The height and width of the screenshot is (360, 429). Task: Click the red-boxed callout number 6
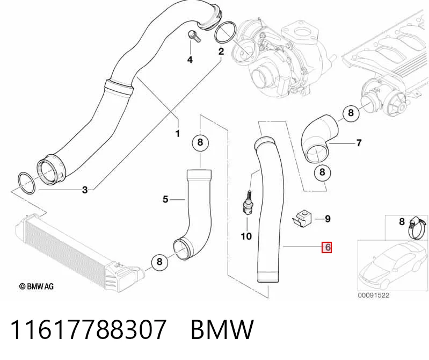click(x=327, y=248)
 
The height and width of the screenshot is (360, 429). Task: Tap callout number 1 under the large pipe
click(x=178, y=134)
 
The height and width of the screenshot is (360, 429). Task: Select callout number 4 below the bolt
click(x=190, y=60)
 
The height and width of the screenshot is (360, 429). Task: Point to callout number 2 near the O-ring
click(x=221, y=51)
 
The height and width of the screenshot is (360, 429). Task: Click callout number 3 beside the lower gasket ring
click(x=85, y=190)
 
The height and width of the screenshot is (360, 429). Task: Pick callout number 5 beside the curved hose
click(x=165, y=199)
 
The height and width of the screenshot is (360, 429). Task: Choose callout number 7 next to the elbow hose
click(x=359, y=143)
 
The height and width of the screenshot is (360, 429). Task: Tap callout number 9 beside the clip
click(x=328, y=219)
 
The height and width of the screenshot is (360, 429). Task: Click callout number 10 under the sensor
click(x=246, y=236)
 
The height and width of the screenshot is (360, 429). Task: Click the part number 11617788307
click(x=88, y=329)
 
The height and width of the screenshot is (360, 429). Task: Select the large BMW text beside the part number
click(x=222, y=329)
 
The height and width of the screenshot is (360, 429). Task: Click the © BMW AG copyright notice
click(x=36, y=286)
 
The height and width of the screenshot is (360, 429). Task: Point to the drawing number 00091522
click(x=374, y=295)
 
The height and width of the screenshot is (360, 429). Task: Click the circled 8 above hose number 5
click(x=200, y=142)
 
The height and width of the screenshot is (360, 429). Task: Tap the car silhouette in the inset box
click(x=392, y=265)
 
